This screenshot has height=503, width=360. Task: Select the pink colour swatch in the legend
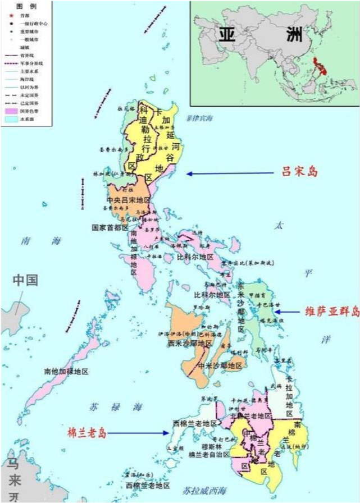click(11, 112)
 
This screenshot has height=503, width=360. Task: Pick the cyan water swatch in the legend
click(11, 120)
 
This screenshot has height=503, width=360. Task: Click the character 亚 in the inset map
click(226, 35)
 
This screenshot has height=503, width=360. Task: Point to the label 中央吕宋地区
click(129, 200)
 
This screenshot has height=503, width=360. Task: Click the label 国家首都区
click(111, 228)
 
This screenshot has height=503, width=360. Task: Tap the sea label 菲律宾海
click(199, 118)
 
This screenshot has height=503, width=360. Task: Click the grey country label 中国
click(26, 280)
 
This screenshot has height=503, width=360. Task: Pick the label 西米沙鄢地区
click(189, 343)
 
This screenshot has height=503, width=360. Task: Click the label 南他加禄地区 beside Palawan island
click(66, 372)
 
